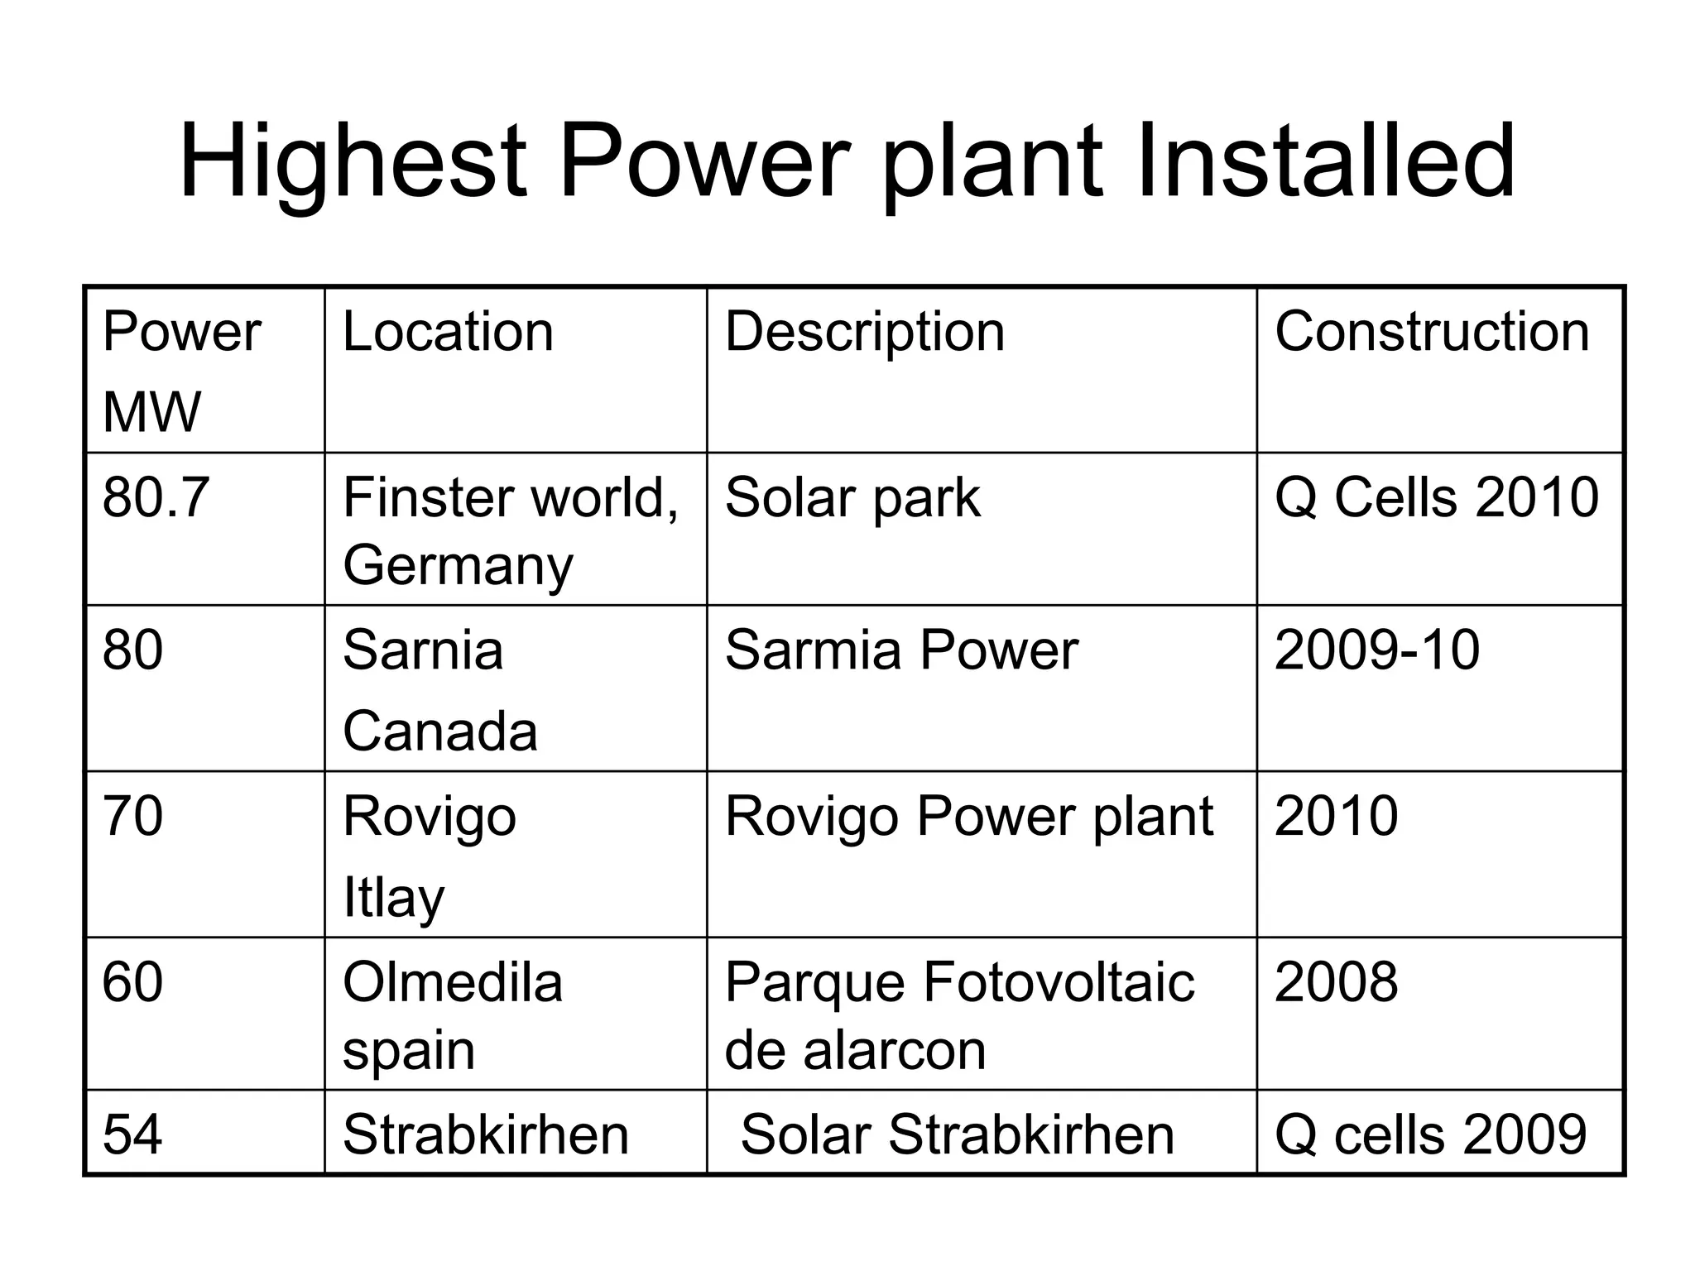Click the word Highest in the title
click(352, 161)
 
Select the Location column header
click(448, 332)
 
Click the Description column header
click(865, 332)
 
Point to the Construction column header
click(1432, 332)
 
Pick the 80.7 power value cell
click(156, 497)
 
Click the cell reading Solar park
click(852, 497)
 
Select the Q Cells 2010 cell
click(1437, 497)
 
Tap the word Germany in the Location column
click(458, 566)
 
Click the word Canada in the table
click(440, 731)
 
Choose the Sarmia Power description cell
click(901, 650)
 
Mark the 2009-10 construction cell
click(1377, 650)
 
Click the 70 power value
click(132, 816)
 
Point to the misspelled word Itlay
click(393, 898)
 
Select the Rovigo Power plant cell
click(969, 816)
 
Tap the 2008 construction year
click(1337, 982)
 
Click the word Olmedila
click(453, 982)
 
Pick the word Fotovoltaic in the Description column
click(1059, 982)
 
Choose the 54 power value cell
click(132, 1134)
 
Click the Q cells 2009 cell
click(1431, 1134)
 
